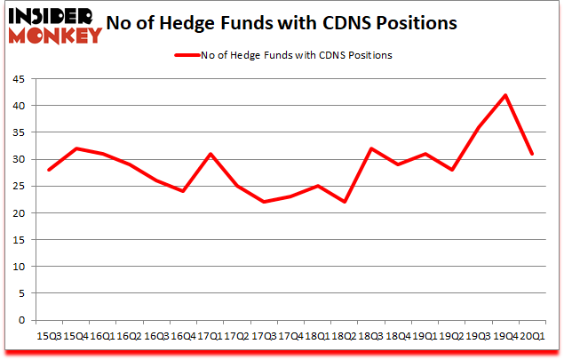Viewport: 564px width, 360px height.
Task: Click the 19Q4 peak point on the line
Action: tap(505, 95)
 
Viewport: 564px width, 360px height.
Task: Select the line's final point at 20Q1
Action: tap(531, 154)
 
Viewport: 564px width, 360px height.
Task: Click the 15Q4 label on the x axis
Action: tap(74, 336)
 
